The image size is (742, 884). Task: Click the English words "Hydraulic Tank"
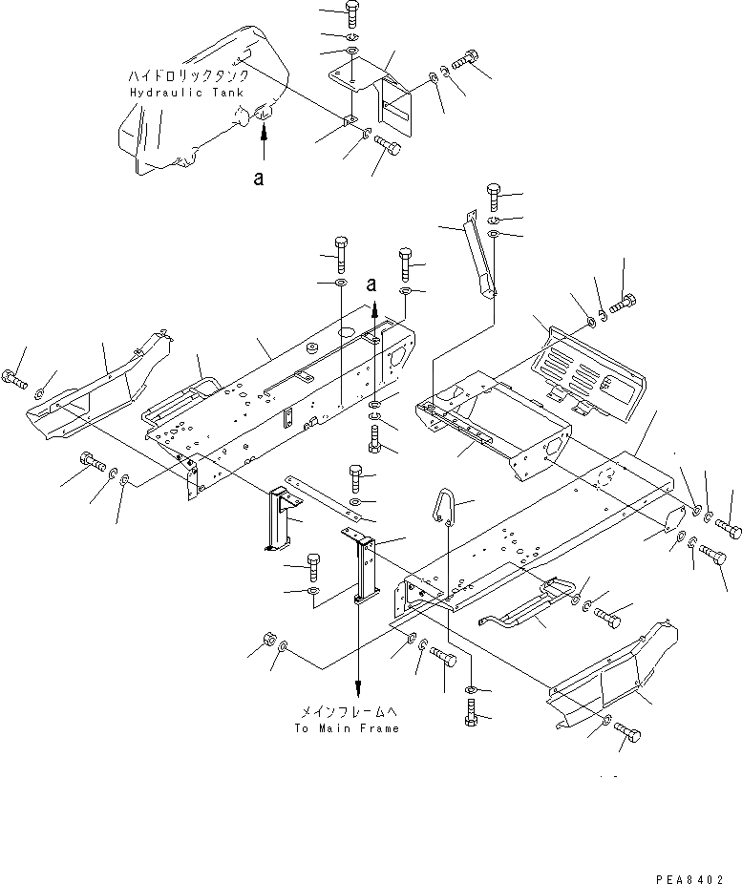coord(184,93)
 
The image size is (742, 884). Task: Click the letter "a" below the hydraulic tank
coord(259,179)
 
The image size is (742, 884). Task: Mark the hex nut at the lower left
coord(268,640)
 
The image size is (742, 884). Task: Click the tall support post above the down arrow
coord(363,568)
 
